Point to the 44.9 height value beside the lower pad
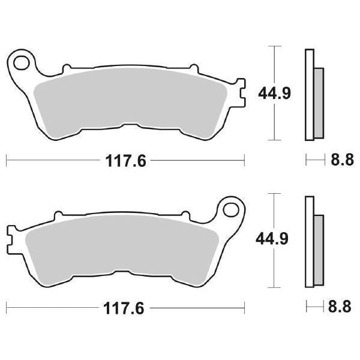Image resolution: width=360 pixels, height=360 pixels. point(274,240)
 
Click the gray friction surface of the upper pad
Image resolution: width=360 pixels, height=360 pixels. point(129,99)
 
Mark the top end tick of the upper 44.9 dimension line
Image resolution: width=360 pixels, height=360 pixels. point(274,46)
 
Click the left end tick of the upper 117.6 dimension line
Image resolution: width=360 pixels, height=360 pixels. point(7,160)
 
